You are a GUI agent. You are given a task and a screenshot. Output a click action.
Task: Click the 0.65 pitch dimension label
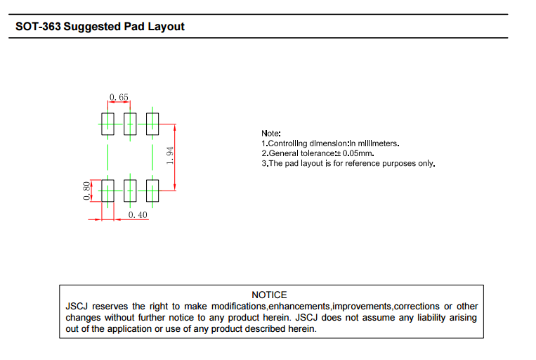click(119, 97)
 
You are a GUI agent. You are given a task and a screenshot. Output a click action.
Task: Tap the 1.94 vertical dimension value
click(169, 155)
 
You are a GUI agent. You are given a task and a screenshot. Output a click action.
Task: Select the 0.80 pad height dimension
click(86, 191)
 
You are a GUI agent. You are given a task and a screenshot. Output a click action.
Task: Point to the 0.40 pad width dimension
click(138, 215)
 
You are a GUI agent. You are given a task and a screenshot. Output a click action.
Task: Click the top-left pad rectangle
click(107, 124)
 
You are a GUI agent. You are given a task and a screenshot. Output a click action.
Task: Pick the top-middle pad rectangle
click(130, 124)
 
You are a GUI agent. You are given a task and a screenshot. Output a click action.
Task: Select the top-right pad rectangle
click(152, 124)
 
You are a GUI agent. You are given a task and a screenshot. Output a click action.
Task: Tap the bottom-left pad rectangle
click(107, 191)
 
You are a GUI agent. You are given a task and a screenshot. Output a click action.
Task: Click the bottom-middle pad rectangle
click(130, 191)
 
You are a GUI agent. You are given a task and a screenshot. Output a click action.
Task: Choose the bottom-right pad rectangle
click(152, 191)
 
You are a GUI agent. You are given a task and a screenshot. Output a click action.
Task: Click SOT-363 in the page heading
click(38, 26)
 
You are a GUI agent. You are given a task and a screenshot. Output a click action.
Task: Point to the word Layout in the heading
click(166, 27)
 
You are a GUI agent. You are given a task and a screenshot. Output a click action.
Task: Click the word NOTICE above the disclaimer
click(269, 295)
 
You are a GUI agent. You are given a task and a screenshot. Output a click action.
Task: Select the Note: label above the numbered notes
click(271, 134)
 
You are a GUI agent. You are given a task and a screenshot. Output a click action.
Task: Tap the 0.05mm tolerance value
click(358, 153)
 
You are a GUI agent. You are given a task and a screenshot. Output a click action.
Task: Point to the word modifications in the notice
click(239, 307)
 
